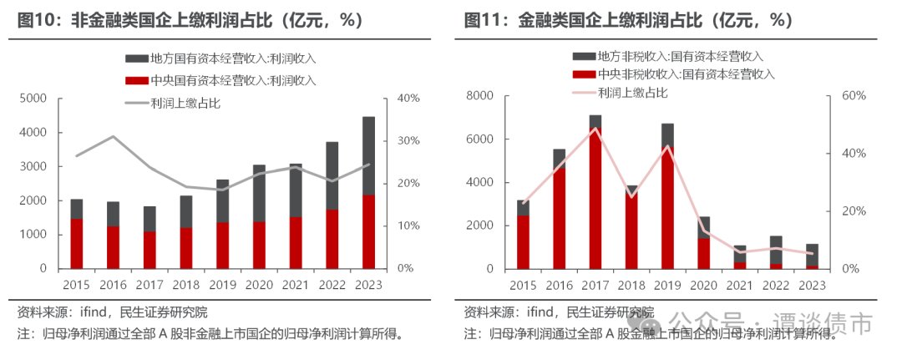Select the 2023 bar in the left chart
tap(368, 193)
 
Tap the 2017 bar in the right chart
tap(595, 192)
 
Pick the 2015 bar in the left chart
tap(76, 234)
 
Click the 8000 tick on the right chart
tap(484, 95)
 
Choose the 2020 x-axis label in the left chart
tap(259, 285)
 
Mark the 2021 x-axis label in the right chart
tap(740, 285)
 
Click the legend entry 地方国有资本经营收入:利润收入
tap(220, 58)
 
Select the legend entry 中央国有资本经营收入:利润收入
tap(220, 81)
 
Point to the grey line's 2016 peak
tap(113, 136)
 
